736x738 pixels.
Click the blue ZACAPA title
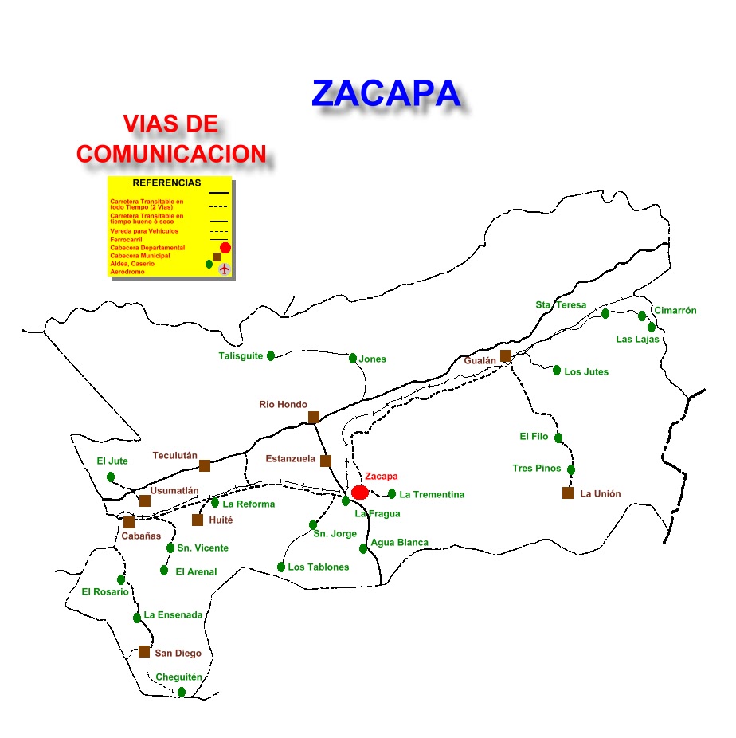coord(386,93)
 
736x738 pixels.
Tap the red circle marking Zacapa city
coord(360,492)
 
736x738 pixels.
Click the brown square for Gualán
coord(506,355)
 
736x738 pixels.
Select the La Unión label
coord(600,494)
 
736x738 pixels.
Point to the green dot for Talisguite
coord(271,355)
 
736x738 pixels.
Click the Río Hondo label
coord(283,405)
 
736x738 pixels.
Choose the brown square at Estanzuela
coord(326,461)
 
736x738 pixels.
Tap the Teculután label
coord(174,456)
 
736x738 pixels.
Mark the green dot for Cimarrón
coord(642,316)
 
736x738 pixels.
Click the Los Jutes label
coord(586,372)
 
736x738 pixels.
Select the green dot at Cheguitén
coord(182,692)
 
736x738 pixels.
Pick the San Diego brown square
coord(144,651)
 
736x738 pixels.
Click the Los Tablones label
coord(319,567)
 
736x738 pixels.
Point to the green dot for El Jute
coord(111,477)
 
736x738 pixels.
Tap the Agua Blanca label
coord(399,543)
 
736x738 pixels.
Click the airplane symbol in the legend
coord(224,269)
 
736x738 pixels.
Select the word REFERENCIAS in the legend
coord(166,183)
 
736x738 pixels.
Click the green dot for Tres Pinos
coord(571,469)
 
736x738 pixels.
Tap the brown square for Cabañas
coord(129,522)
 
